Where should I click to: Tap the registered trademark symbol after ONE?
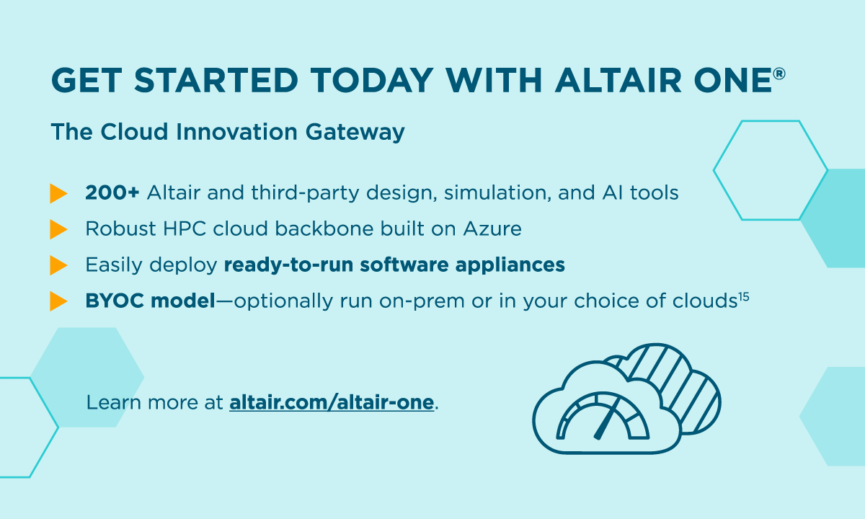tap(778, 74)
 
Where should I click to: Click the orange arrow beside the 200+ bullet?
tap(58, 193)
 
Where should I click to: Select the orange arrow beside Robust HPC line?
tap(58, 229)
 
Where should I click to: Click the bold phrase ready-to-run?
tap(291, 265)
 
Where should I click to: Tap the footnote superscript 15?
tap(743, 296)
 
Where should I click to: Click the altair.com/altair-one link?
tap(332, 402)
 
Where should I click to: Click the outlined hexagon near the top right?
tap(770, 170)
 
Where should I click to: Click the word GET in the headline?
tap(84, 79)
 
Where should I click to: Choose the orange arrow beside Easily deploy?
tap(58, 265)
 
